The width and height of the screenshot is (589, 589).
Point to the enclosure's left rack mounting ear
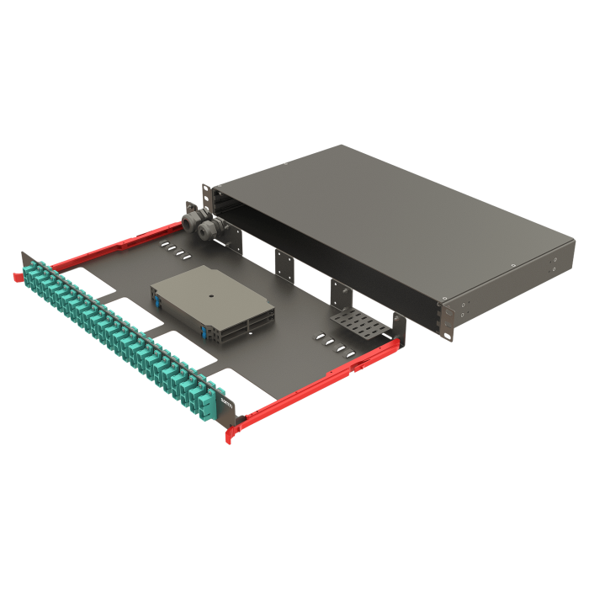(x=205, y=195)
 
